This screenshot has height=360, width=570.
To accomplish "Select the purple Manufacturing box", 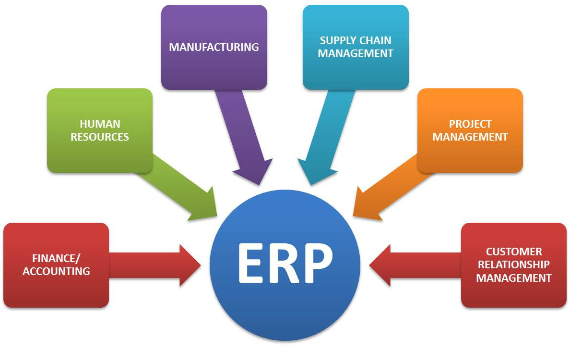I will click(214, 47).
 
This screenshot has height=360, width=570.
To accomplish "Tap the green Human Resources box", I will click(100, 130).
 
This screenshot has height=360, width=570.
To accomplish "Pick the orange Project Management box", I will click(470, 130).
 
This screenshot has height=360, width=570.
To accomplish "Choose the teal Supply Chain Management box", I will click(356, 47).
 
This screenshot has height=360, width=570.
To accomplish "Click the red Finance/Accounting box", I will click(56, 265).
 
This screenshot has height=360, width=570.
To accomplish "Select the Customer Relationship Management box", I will click(514, 265).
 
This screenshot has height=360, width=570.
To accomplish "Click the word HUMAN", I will click(100, 124).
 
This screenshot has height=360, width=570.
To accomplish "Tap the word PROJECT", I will click(470, 124).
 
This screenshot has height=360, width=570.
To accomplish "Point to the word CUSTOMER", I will click(514, 252).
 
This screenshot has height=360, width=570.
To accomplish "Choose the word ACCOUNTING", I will click(56, 271).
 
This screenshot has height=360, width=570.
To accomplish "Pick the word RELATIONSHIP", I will click(514, 264).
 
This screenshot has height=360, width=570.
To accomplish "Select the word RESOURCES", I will click(100, 137).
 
